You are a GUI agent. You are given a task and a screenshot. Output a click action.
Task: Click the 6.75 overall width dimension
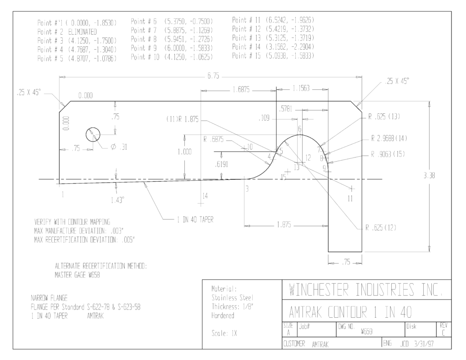tap(213, 76)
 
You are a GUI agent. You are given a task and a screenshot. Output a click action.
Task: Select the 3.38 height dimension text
tap(429, 176)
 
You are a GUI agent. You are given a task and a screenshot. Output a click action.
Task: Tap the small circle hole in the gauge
tap(93, 135)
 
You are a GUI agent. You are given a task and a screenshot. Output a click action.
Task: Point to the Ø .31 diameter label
tap(119, 147)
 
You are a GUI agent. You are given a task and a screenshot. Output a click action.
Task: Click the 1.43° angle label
tap(117, 200)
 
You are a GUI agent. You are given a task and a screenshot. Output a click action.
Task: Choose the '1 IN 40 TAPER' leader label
tap(195, 220)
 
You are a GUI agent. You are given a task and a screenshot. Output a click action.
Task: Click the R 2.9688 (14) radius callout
tap(389, 138)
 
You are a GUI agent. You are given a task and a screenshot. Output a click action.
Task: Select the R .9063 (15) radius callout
tap(388, 154)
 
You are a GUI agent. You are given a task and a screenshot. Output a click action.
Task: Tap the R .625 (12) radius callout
tap(381, 228)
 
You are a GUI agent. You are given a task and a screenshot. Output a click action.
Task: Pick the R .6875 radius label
tap(213, 139)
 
